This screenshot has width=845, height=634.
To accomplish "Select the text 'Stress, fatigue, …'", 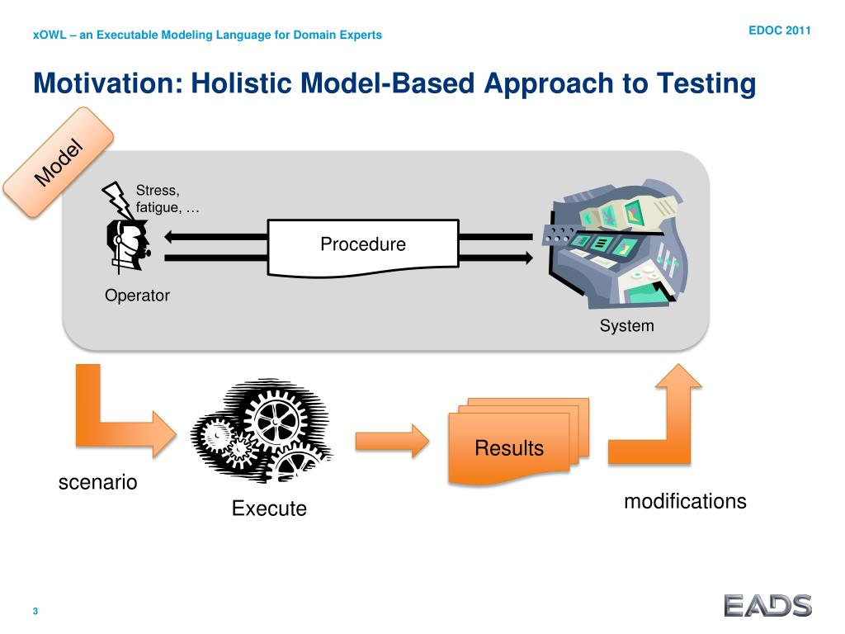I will [x=168, y=200].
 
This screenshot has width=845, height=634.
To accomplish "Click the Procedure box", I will [x=363, y=245].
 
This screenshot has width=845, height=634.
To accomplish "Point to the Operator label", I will [x=137, y=296].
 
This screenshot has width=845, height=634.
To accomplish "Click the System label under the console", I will [x=626, y=326].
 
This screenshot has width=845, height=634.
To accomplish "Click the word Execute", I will [x=269, y=509].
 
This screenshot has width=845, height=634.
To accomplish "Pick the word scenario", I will [x=97, y=482].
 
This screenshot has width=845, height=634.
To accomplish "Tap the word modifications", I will [x=685, y=501].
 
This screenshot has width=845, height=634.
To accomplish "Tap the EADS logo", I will [x=767, y=606].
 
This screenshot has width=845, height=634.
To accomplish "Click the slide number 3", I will [x=35, y=612].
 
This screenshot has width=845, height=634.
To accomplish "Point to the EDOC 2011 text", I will [x=780, y=31].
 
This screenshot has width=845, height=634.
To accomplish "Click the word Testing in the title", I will [x=706, y=83].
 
